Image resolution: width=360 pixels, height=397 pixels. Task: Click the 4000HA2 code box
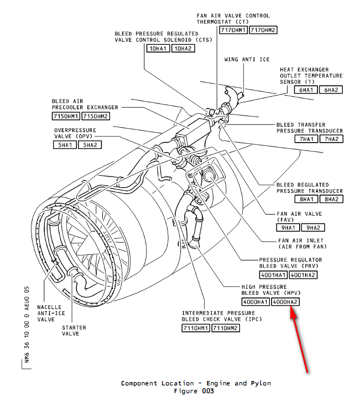pyautogui.click(x=286, y=302)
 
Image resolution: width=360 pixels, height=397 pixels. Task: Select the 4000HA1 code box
pyautogui.click(x=255, y=302)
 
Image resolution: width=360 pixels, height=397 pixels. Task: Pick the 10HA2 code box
pyautogui.click(x=183, y=49)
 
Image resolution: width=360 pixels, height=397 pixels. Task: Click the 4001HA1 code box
pyautogui.click(x=273, y=274)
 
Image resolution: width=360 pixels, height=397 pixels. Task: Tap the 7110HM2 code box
pyautogui.click(x=227, y=328)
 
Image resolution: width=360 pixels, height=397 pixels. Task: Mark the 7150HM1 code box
pyautogui.click(x=66, y=116)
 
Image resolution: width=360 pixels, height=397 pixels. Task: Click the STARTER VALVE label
pyautogui.click(x=74, y=331)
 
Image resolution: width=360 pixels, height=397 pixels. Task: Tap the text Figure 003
pyautogui.click(x=195, y=391)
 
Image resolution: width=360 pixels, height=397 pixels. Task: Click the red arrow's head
pyautogui.click(x=292, y=313)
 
